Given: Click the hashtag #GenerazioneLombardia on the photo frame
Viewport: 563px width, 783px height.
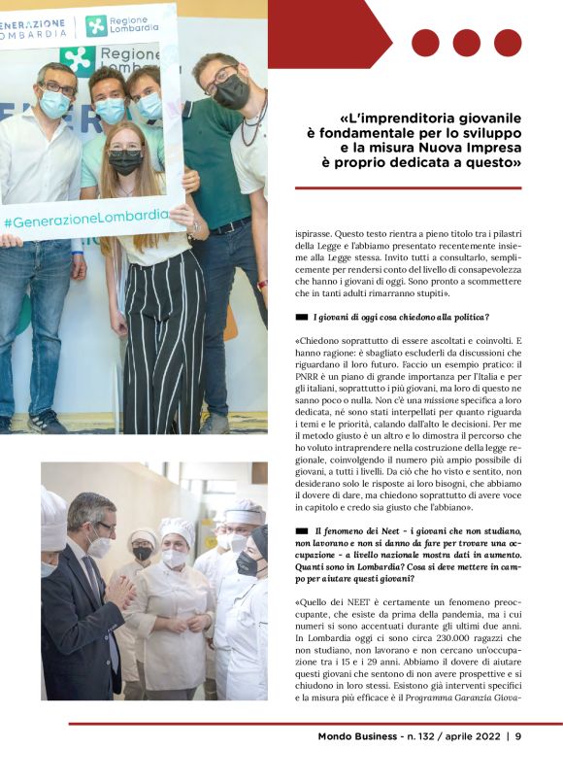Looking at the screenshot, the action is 85,218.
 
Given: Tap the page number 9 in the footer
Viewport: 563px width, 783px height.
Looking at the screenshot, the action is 518,736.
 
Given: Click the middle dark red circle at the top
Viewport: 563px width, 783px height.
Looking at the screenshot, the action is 467,43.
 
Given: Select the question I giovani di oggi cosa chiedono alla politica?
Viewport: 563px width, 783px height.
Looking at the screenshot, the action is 401,317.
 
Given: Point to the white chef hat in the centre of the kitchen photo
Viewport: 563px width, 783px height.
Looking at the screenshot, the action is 178,530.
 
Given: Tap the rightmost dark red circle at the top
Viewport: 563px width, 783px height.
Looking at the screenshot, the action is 508,43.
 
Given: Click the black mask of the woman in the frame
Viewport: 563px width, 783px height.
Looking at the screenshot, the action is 125,162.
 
